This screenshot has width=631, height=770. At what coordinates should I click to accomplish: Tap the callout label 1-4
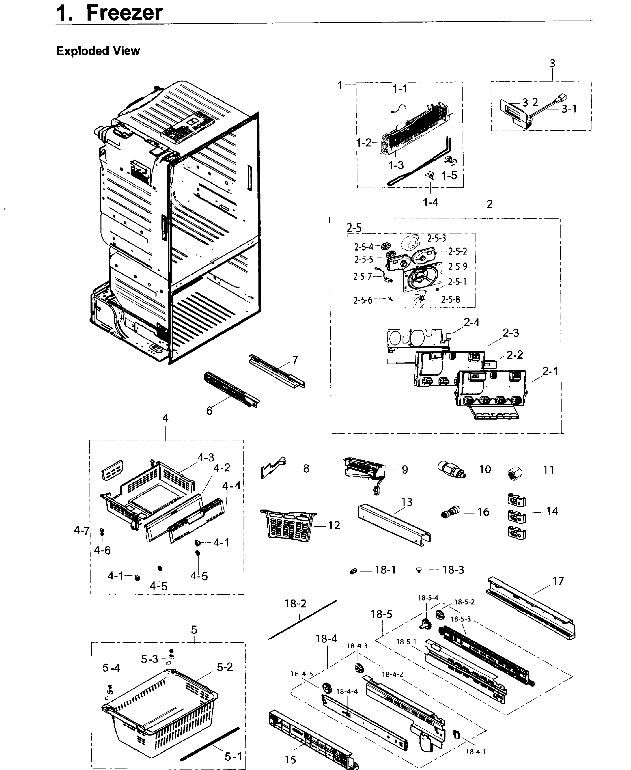point(430,202)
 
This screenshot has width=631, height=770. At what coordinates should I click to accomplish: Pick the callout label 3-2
point(530,102)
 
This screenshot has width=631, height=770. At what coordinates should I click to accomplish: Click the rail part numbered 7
point(276,371)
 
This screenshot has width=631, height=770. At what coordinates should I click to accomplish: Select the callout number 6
point(209,411)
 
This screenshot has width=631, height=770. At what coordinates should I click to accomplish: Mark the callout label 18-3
point(453,570)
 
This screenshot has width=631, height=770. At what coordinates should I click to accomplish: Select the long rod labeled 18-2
point(302,620)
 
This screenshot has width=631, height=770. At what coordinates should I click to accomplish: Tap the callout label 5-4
point(111,668)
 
